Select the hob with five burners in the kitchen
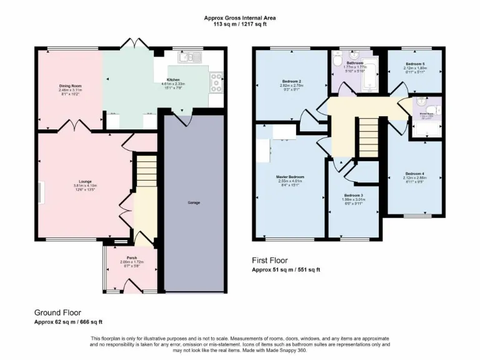pyautogui.click(x=217, y=80)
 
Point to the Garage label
pyautogui.click(x=194, y=202)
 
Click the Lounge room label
pyautogui.click(x=77, y=182)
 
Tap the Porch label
pyautogui.click(x=132, y=257)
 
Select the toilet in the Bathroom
pyautogui.click(x=337, y=63)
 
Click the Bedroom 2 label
pyautogui.click(x=292, y=81)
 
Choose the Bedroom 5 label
pyautogui.click(x=414, y=64)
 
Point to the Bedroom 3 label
pyautogui.click(x=354, y=196)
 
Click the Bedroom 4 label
pyautogui.click(x=414, y=173)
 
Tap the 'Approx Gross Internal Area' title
pyautogui.click(x=240, y=18)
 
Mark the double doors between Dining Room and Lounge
pyautogui.click(x=77, y=126)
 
